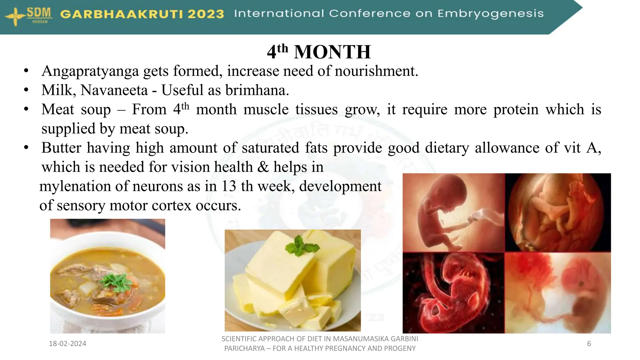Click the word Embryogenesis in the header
490,14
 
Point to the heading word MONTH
332,52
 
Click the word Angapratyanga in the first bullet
90,71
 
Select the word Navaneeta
114,90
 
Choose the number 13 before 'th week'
229,186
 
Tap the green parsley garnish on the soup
116,280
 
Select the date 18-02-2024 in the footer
67,344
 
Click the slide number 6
589,344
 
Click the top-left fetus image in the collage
453,212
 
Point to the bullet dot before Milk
26,90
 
